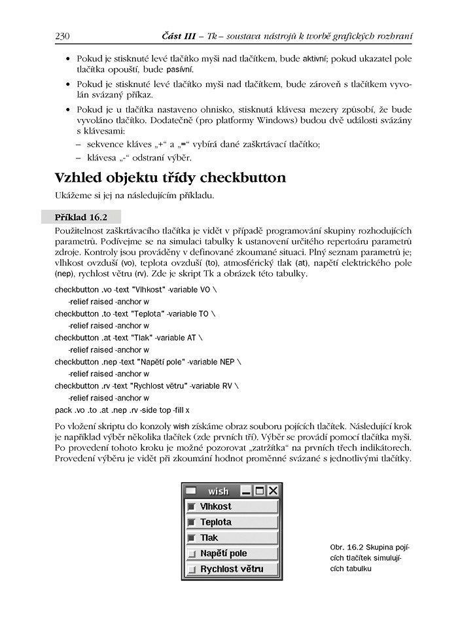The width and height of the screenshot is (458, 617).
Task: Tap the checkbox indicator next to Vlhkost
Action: click(192, 507)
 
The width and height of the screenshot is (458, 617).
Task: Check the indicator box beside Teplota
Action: click(192, 523)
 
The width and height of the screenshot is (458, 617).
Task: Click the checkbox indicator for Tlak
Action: click(192, 538)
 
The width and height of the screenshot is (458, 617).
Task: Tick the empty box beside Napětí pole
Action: click(192, 554)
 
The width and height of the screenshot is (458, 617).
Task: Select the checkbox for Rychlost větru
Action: click(192, 569)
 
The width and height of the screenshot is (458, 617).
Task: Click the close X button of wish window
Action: click(273, 490)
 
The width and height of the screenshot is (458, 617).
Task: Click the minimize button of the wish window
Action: click(247, 490)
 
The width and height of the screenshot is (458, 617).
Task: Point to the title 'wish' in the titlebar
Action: click(219, 491)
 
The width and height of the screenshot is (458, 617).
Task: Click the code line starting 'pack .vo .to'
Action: click(122, 410)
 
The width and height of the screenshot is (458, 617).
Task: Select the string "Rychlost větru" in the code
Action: click(159, 386)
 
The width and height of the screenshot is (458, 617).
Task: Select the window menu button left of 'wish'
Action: click(191, 490)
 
